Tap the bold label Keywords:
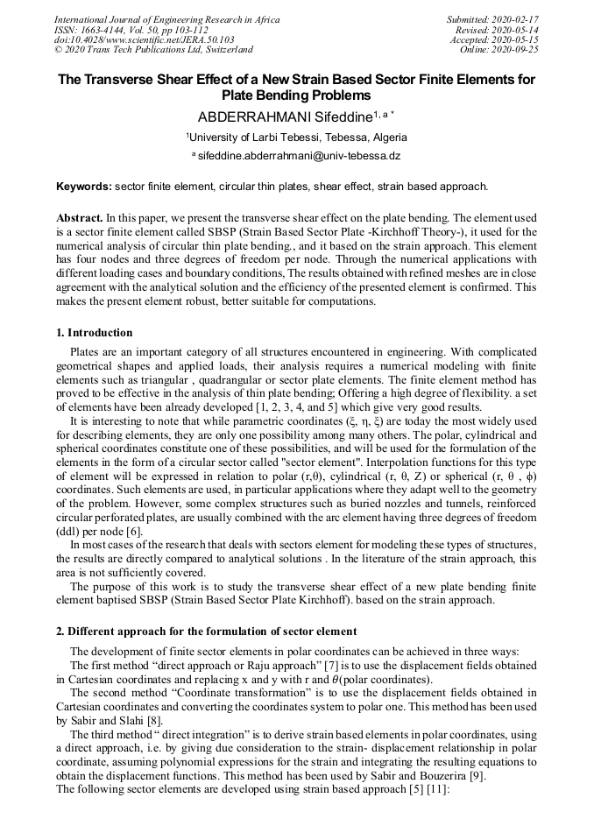click(x=84, y=187)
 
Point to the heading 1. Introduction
click(x=95, y=333)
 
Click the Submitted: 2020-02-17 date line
click(x=493, y=19)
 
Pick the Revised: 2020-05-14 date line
click(x=498, y=30)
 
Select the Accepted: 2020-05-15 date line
click(x=495, y=40)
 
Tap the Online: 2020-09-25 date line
click(x=499, y=50)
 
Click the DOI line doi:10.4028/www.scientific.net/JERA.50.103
click(x=144, y=40)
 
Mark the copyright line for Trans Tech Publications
click(x=153, y=50)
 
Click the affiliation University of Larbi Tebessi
click(x=296, y=138)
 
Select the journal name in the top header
click(x=165, y=19)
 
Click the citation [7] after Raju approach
click(x=332, y=667)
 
